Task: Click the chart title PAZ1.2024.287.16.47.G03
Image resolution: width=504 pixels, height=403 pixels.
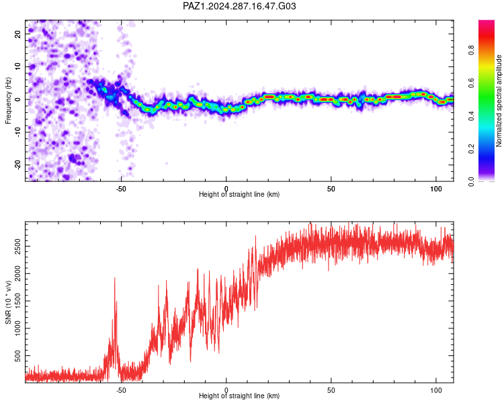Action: click(239, 6)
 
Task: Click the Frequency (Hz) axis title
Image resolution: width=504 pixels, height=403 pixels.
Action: click(8, 101)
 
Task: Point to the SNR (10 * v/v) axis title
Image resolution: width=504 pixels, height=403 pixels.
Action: click(8, 302)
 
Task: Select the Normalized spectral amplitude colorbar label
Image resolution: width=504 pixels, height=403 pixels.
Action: click(499, 101)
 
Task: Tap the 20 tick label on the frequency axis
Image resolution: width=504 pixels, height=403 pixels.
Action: click(17, 34)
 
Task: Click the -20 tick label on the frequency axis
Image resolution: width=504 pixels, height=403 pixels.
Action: click(17, 165)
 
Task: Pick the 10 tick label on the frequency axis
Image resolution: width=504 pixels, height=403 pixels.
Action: click(17, 66)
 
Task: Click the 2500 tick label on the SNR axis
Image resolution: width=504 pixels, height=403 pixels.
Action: click(17, 247)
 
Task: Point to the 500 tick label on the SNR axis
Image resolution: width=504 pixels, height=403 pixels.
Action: click(17, 356)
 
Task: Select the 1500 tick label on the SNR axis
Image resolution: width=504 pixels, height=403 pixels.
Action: click(17, 301)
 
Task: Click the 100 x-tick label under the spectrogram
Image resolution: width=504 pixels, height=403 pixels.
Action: click(436, 189)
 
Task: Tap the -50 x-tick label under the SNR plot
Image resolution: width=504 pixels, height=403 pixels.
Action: click(121, 390)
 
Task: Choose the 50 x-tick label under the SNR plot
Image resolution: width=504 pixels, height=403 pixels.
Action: click(331, 390)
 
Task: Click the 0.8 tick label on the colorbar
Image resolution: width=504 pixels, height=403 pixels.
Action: click(471, 50)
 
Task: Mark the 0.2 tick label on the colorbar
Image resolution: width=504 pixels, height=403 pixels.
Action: click(471, 149)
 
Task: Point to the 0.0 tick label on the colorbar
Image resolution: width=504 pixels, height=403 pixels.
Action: click(471, 182)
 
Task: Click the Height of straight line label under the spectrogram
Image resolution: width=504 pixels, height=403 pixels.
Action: click(239, 194)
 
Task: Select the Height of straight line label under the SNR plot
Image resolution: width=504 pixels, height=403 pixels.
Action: click(239, 396)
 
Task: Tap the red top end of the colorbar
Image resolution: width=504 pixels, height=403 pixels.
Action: click(487, 21)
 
